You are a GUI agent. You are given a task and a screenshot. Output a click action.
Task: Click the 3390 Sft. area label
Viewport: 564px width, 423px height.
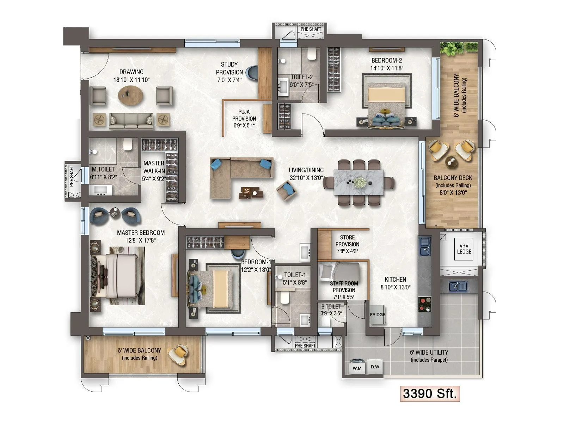click(430, 393)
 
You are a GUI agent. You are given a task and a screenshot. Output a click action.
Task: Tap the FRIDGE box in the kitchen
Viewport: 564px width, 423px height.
click(378, 314)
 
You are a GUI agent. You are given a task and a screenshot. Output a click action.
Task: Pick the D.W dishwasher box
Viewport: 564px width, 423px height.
click(375, 367)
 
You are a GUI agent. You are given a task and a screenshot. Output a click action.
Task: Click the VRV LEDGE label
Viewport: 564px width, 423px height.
click(464, 249)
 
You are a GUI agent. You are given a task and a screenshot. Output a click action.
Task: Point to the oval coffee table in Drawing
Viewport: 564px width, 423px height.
click(131, 95)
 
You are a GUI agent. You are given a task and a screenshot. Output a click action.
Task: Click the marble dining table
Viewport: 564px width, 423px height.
click(359, 182)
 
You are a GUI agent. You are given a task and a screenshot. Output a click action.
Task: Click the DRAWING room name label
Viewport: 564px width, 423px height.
click(131, 72)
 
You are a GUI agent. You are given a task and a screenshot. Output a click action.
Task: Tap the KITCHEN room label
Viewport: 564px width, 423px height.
click(395, 279)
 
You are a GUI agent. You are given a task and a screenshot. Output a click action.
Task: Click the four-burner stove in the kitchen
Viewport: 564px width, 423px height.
click(425, 304)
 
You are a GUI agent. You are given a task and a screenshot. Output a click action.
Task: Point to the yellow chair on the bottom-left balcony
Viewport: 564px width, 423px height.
click(179, 353)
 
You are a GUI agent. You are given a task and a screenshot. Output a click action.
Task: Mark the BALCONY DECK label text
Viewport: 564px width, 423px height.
click(453, 178)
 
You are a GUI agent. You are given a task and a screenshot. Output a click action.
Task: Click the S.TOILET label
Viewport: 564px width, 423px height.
click(331, 307)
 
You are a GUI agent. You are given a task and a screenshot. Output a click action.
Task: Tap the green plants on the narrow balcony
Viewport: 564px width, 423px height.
click(459, 47)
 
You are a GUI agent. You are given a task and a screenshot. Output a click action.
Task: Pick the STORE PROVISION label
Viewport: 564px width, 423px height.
click(347, 241)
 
